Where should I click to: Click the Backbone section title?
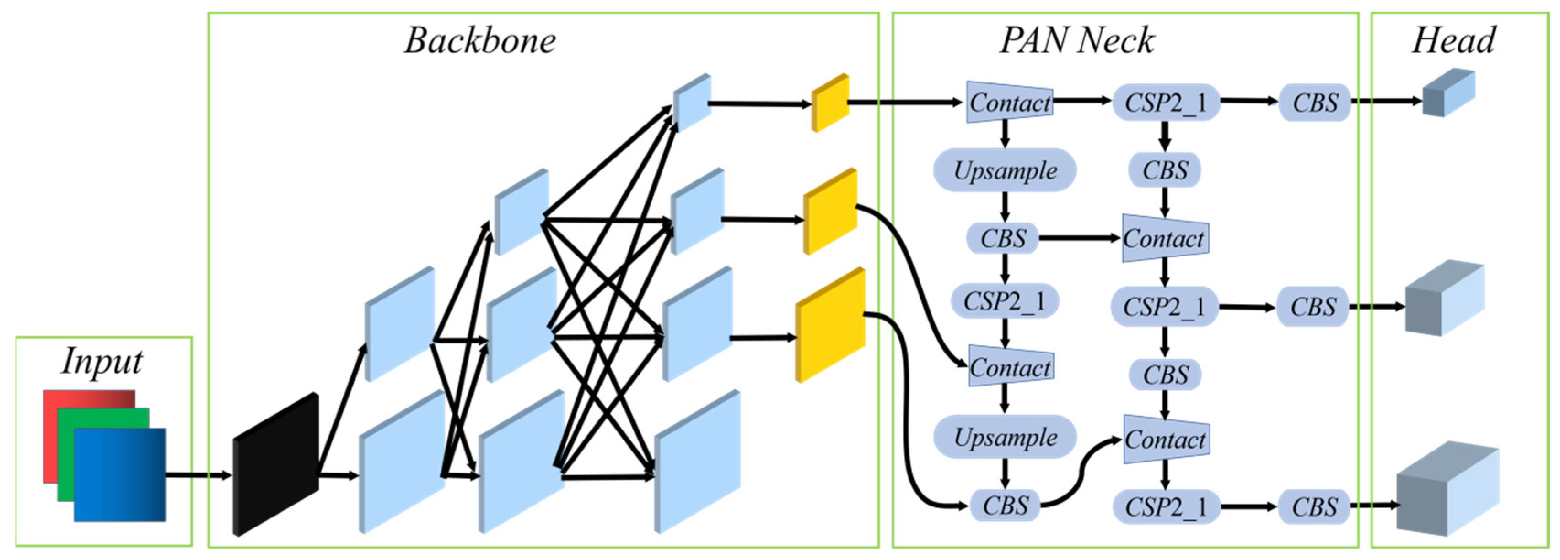(479, 41)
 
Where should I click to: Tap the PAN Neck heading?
(1077, 41)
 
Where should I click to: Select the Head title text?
(1453, 41)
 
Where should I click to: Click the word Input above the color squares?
(102, 362)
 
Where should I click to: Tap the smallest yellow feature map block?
(830, 103)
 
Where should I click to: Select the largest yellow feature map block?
(830, 326)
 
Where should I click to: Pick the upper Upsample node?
(1005, 170)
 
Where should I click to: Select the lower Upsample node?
(1005, 437)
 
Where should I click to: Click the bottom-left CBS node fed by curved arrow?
(1005, 506)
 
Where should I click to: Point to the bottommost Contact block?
(1166, 440)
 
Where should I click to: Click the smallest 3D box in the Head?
(1448, 94)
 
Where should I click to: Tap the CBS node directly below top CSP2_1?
(1165, 170)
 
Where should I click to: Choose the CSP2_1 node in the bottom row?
(1165, 507)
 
